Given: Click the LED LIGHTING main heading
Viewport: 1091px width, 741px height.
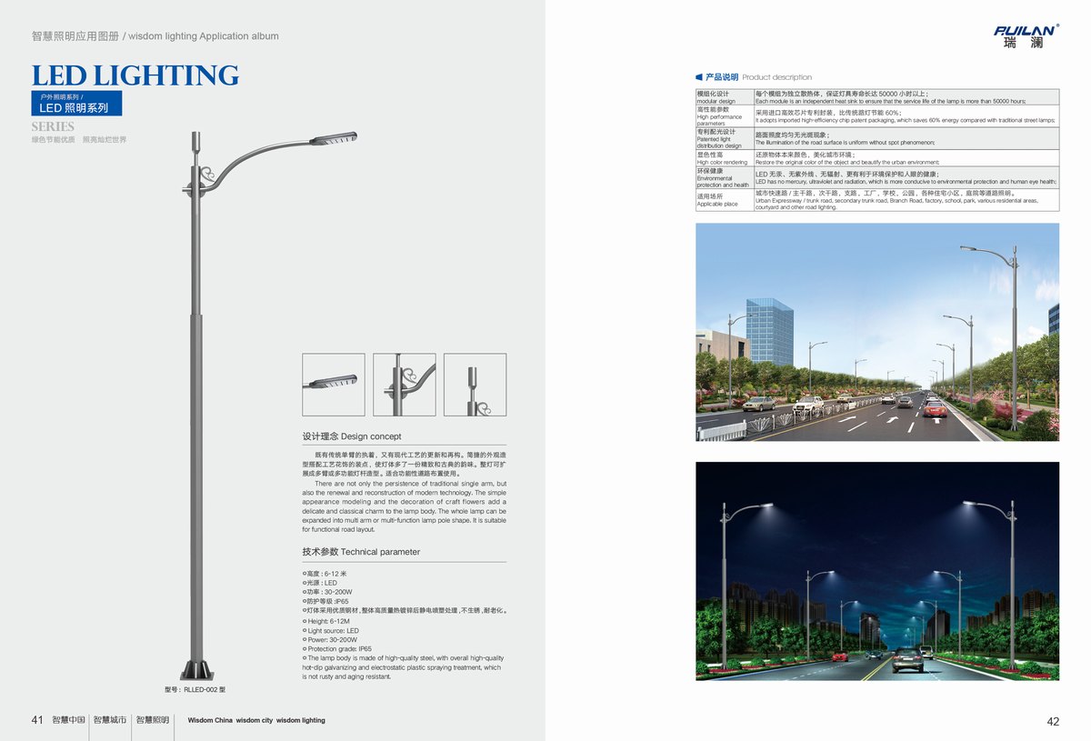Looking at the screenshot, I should point(135,75).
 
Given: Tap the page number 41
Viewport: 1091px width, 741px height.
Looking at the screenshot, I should point(37,720).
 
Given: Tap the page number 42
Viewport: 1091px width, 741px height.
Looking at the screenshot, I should point(1053,722).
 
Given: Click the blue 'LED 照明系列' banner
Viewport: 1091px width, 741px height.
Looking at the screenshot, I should point(75,107).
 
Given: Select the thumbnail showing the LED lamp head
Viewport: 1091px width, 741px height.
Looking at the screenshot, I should point(333,385).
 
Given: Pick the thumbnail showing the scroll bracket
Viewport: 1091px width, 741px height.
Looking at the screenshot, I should point(404,385).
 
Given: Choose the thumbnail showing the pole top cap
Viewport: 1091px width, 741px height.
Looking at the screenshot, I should point(475,385).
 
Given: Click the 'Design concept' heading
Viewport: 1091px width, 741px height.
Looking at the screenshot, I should point(352,436).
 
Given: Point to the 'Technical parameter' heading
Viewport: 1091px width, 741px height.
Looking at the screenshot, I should point(361,552).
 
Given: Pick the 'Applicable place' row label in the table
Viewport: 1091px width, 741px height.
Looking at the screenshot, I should point(718,200).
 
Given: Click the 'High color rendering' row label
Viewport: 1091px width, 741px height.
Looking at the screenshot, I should point(722,158).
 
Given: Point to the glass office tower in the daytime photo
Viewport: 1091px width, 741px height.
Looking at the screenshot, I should point(769,331).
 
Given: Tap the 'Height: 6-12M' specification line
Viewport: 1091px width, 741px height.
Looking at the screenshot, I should point(328,621).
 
